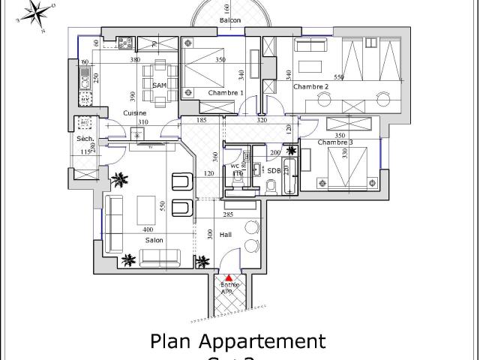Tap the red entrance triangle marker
229,278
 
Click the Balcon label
230,20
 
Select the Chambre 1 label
226,93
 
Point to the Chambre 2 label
310,87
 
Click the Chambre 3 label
334,142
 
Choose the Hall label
225,235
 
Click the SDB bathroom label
274,170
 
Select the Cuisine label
135,112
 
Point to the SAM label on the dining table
159,85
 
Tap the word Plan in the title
172,342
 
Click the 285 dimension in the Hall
229,215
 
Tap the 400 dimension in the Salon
148,229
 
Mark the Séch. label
83,139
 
